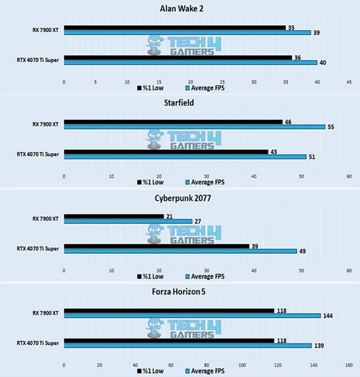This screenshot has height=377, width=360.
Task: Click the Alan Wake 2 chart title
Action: pos(180,7)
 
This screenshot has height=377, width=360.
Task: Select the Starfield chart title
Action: pos(180,104)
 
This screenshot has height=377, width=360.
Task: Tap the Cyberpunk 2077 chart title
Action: pos(180,198)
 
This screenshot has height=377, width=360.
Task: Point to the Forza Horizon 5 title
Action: pos(180,292)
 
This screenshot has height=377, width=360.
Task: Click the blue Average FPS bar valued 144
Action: pos(192,316)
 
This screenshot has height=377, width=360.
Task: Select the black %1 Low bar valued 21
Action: pos(114,216)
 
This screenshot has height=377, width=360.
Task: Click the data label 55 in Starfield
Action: pos(331,127)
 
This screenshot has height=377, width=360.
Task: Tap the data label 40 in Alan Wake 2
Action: pos(322,63)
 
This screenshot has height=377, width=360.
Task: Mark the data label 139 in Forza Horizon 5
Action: pos(319,346)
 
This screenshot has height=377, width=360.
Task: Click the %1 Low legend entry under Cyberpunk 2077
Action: pos(150,276)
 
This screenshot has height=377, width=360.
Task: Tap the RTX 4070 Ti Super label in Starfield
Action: pos(40,154)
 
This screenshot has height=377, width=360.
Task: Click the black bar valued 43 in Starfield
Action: pos(166,151)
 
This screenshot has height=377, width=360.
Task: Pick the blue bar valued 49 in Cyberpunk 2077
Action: pos(180,251)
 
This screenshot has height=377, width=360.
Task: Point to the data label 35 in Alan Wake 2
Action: pos(291,27)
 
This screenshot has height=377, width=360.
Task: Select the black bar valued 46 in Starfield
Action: pos(173,122)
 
